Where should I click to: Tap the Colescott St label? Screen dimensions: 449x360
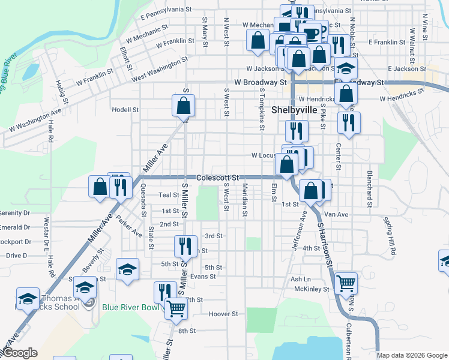(217, 178)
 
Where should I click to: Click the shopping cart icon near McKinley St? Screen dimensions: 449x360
(346, 283)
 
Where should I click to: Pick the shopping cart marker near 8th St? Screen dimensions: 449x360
(176, 309)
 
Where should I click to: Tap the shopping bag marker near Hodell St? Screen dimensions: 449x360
(184, 106)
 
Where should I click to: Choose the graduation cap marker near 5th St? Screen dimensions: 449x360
(127, 269)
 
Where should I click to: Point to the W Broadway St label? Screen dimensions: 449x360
(260, 82)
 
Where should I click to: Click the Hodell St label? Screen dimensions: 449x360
(125, 110)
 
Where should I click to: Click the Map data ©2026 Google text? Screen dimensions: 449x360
(412, 355)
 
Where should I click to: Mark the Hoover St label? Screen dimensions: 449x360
(224, 314)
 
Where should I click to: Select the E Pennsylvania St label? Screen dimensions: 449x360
(165, 13)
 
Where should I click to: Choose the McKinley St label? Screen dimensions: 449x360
(312, 289)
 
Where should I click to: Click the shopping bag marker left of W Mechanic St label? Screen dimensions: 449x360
(258, 40)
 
